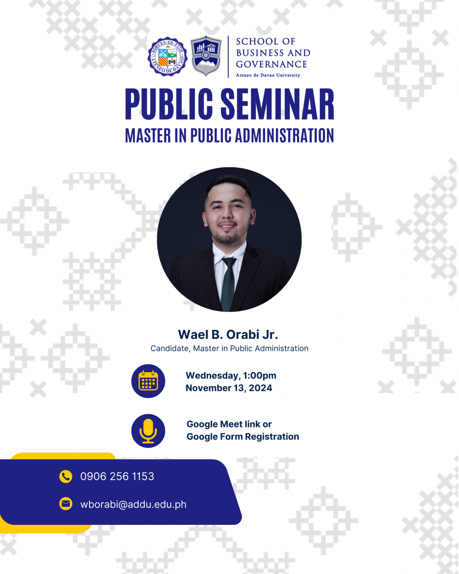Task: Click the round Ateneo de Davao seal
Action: click(168, 57)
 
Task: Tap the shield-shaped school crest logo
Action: click(206, 56)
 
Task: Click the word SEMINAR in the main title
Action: click(277, 104)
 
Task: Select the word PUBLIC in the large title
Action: click(169, 104)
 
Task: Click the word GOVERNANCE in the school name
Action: click(272, 64)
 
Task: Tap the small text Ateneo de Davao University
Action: click(268, 75)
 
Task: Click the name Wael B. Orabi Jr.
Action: click(228, 335)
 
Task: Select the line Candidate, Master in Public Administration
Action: click(229, 348)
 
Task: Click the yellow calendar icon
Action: click(148, 380)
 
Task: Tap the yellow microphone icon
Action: click(148, 431)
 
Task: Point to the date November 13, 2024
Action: click(229, 388)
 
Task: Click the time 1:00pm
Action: click(260, 375)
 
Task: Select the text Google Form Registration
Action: click(243, 437)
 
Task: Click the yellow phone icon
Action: click(66, 477)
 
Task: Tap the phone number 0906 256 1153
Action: click(117, 477)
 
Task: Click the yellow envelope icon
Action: click(66, 504)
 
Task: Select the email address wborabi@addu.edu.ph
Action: click(133, 504)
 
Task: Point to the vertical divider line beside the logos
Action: click(228, 57)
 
